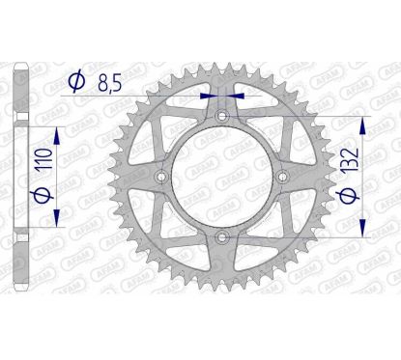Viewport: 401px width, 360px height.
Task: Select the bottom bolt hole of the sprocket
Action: (x=222, y=237)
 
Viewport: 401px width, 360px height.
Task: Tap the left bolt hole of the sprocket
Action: (x=161, y=177)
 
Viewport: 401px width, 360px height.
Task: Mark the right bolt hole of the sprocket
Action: (x=283, y=177)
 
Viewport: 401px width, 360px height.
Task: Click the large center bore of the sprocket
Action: (x=222, y=177)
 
